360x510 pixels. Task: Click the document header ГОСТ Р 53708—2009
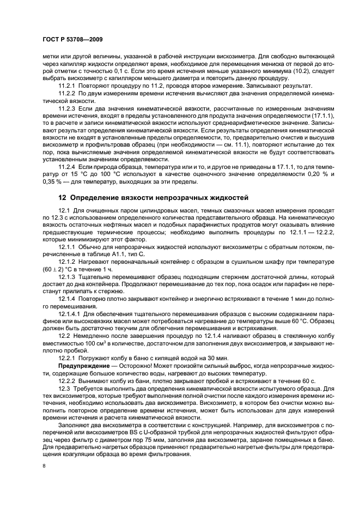[x=72, y=39]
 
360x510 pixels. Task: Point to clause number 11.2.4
[x=67, y=166]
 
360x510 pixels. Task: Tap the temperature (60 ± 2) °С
[x=59, y=270]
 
